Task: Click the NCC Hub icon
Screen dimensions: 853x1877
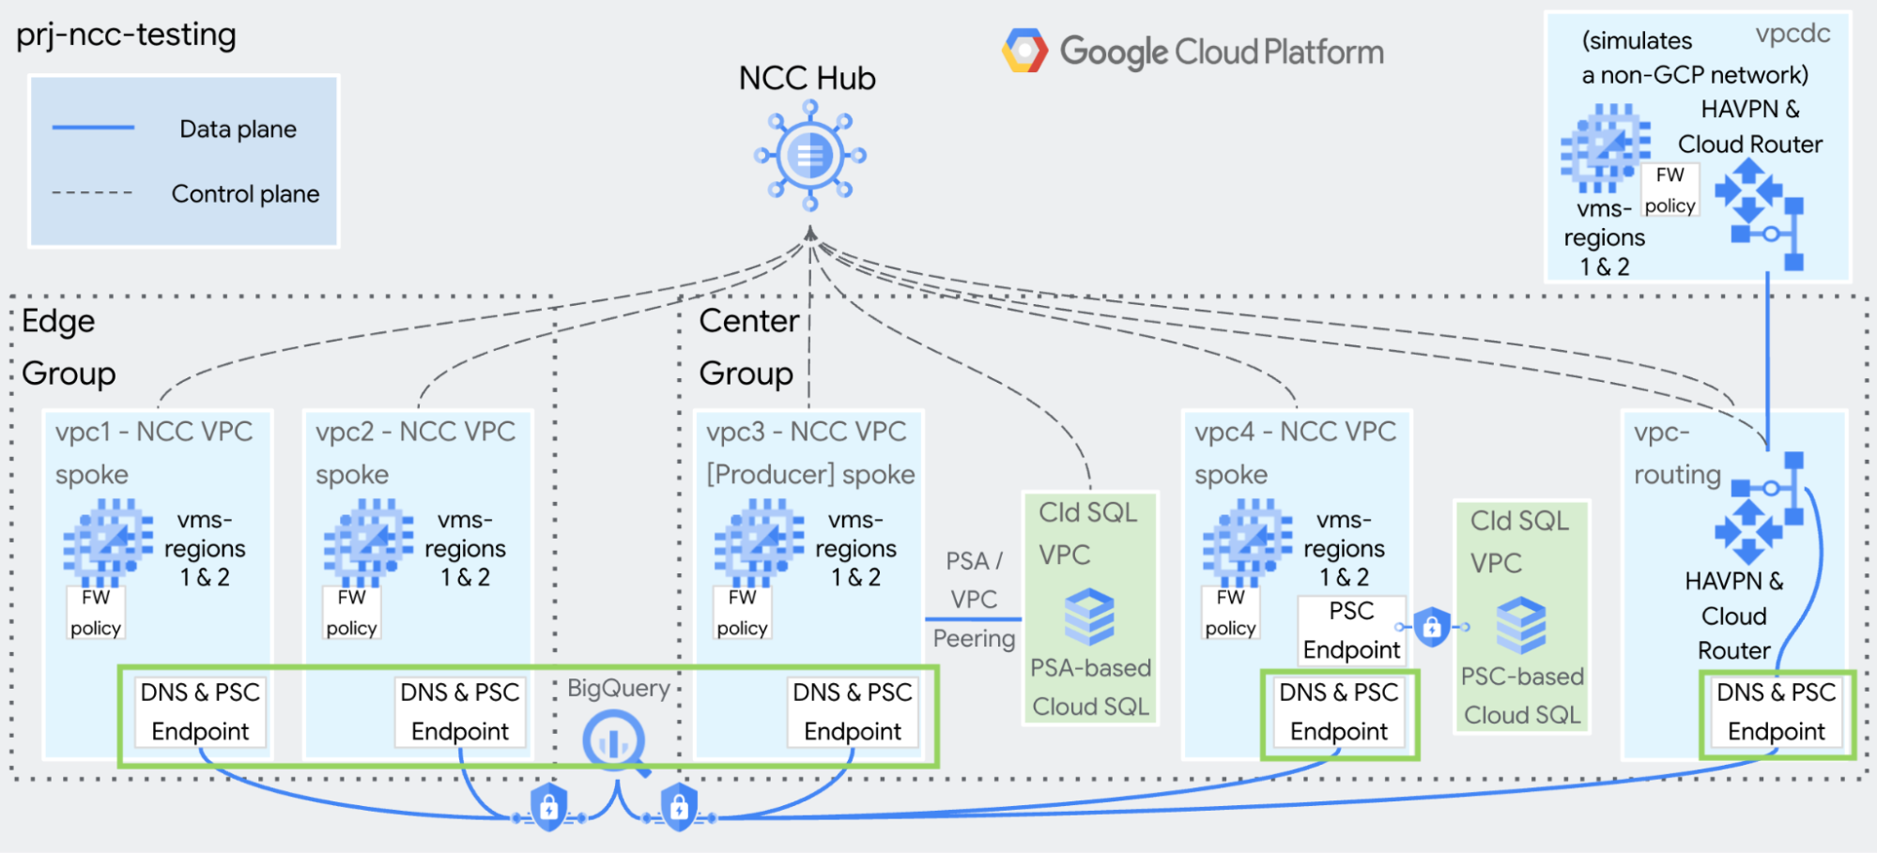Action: pos(809,156)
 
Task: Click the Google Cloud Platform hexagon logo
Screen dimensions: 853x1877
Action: pos(1024,51)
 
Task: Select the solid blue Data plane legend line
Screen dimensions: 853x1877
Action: pos(93,128)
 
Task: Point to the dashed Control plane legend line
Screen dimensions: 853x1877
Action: pos(92,193)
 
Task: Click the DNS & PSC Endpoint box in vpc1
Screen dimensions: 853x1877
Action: pos(200,712)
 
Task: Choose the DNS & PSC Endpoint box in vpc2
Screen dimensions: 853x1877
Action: pos(460,712)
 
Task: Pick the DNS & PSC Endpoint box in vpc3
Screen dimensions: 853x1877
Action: pos(853,712)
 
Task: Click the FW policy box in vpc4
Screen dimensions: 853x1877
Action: pos(1230,612)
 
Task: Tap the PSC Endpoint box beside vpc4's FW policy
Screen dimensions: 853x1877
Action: pos(1351,631)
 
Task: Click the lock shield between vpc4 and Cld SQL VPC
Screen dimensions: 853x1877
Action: pos(1432,626)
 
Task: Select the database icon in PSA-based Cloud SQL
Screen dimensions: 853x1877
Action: pos(1089,617)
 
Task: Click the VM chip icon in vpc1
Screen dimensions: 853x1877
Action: pos(108,542)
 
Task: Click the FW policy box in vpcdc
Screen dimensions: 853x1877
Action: pos(1669,190)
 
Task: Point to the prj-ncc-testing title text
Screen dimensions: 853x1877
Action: pos(126,35)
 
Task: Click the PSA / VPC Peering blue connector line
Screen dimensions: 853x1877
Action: pos(973,619)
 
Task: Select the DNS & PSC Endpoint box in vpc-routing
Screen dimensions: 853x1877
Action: pos(1777,712)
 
